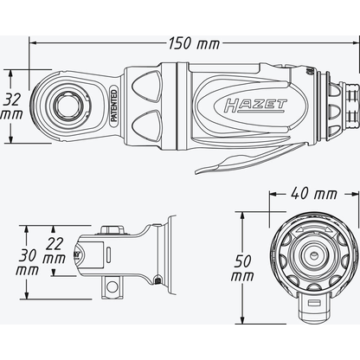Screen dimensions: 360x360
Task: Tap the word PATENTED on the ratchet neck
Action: coord(112,112)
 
